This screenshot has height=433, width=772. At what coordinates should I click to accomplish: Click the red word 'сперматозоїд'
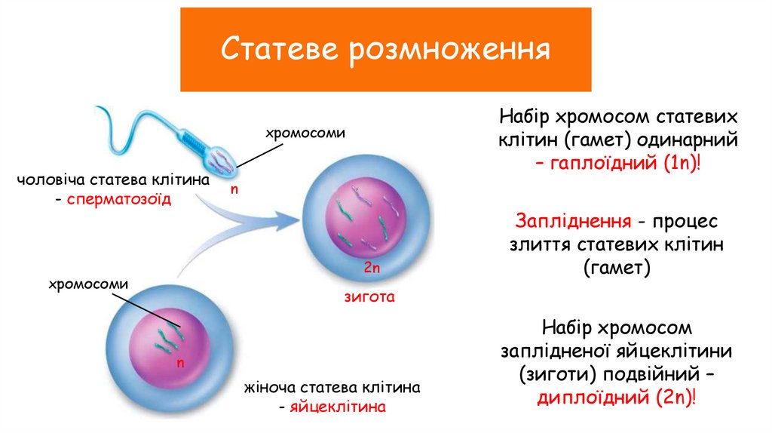pyautogui.click(x=119, y=200)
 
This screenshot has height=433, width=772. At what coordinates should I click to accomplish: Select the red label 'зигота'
pyautogui.click(x=369, y=297)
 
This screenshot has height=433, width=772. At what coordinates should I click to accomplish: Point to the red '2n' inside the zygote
pyautogui.click(x=369, y=268)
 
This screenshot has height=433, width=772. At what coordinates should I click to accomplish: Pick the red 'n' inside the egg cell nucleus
pyautogui.click(x=180, y=363)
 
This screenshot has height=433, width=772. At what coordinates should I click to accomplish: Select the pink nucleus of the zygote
pyautogui.click(x=368, y=219)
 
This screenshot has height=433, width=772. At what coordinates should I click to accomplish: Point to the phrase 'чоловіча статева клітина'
pyautogui.click(x=113, y=181)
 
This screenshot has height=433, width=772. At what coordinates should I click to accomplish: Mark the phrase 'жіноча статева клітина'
pyautogui.click(x=332, y=388)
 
